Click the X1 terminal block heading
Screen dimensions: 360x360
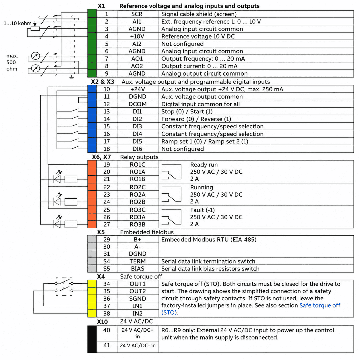[x=101, y=6]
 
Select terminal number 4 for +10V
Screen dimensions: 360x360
[x=107, y=36]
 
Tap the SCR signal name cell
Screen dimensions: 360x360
[x=137, y=14]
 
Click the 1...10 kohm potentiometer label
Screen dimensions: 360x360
[x=18, y=23]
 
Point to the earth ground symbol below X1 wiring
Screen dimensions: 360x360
[x=71, y=77]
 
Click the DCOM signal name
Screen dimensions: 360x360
[x=138, y=104]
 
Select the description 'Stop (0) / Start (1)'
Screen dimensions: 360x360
[x=187, y=111]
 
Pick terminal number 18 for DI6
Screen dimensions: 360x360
[x=107, y=149]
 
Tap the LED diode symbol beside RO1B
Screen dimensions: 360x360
[x=57, y=179]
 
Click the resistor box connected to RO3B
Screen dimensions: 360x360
[x=71, y=224]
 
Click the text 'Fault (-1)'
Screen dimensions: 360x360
[x=202, y=210]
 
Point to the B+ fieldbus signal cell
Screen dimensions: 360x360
[x=138, y=239]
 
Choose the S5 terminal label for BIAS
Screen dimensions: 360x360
[x=107, y=269]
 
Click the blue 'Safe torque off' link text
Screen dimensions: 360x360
[x=320, y=305]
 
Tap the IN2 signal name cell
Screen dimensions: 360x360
[x=138, y=313]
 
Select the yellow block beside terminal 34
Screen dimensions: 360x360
[x=92, y=284]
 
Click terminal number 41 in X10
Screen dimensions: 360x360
[x=107, y=345]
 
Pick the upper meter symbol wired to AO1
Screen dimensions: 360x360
[x=35, y=56]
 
